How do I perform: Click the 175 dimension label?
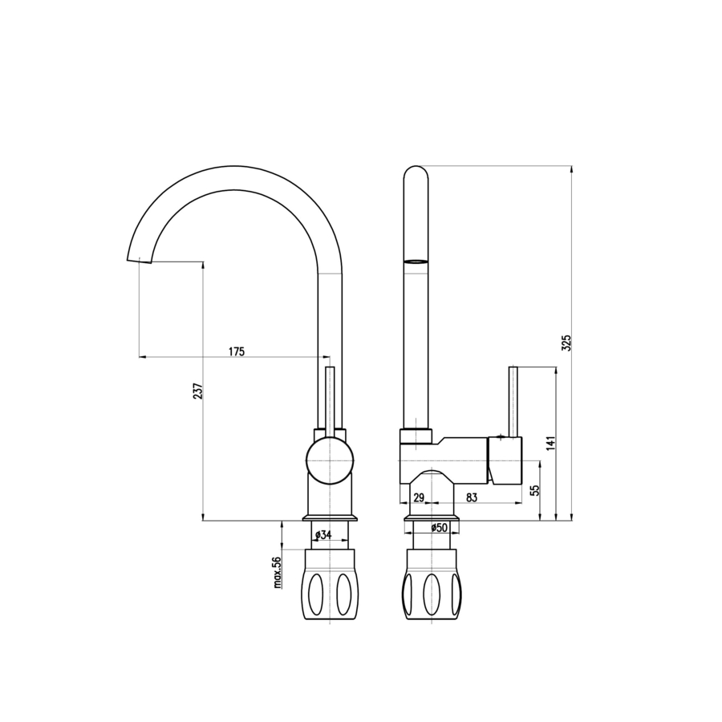point(237,352)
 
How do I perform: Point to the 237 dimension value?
point(197,391)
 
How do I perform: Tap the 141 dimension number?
point(551,443)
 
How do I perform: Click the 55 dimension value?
point(534,490)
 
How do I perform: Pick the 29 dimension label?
point(419,497)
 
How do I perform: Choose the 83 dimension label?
point(472,497)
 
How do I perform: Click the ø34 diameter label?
point(324,535)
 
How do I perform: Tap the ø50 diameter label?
point(440,528)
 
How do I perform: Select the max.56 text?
point(277,572)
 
